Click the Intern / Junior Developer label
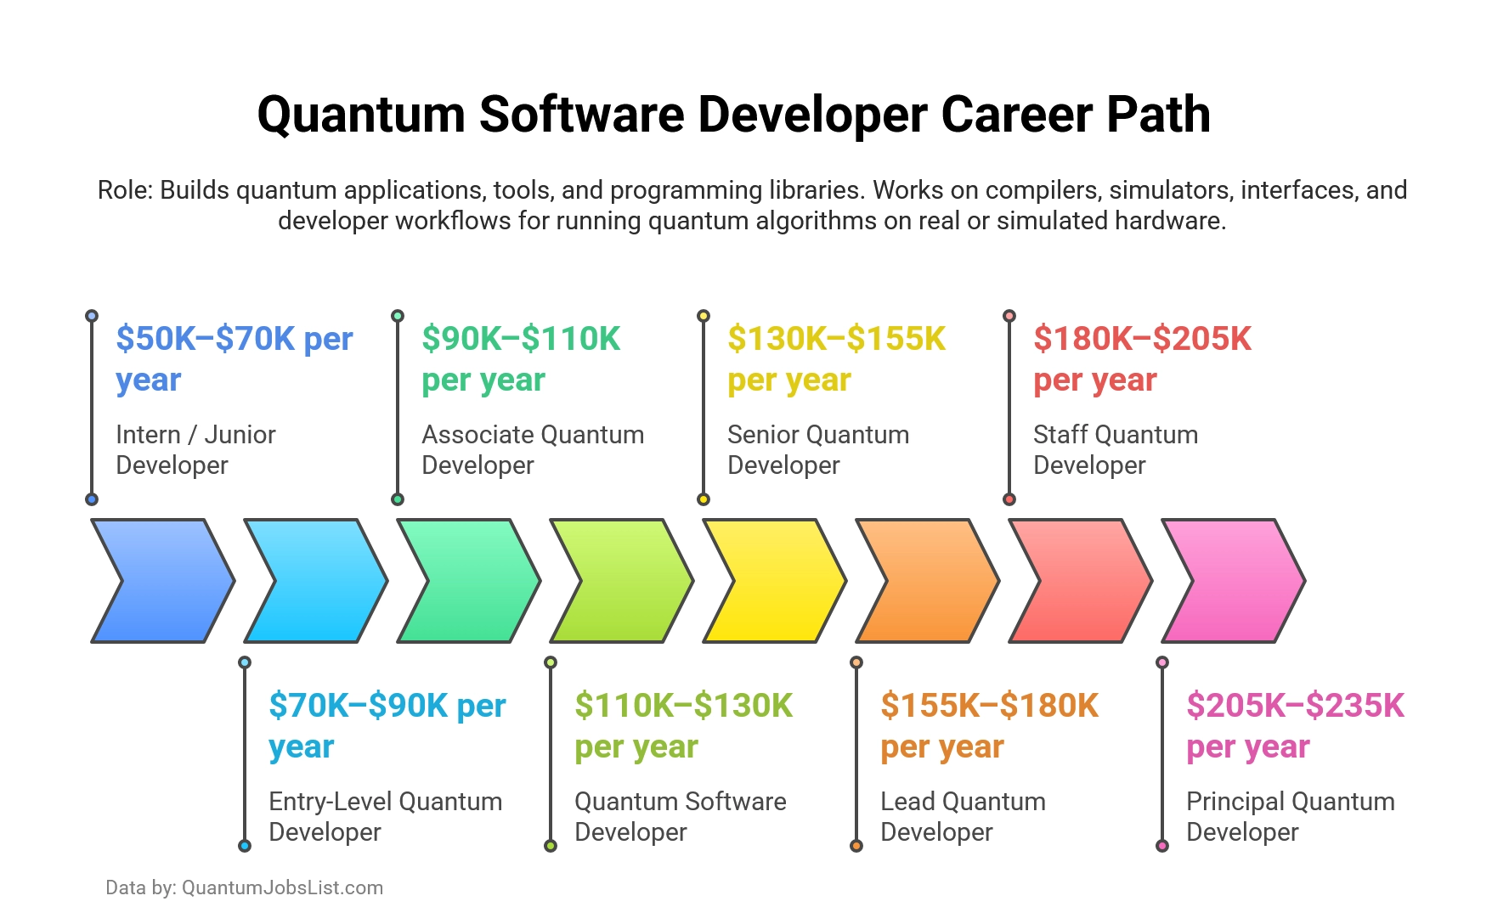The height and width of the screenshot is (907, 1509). (x=195, y=449)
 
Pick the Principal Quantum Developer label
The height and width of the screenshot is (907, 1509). (x=1290, y=816)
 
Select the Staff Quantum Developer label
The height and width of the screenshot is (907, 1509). (x=1115, y=449)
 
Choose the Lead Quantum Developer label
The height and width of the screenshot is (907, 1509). (x=963, y=816)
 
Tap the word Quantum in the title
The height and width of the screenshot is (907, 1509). (x=361, y=115)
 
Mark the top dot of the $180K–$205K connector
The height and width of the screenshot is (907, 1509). (x=1009, y=316)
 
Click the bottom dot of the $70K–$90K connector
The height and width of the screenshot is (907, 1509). (x=245, y=846)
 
